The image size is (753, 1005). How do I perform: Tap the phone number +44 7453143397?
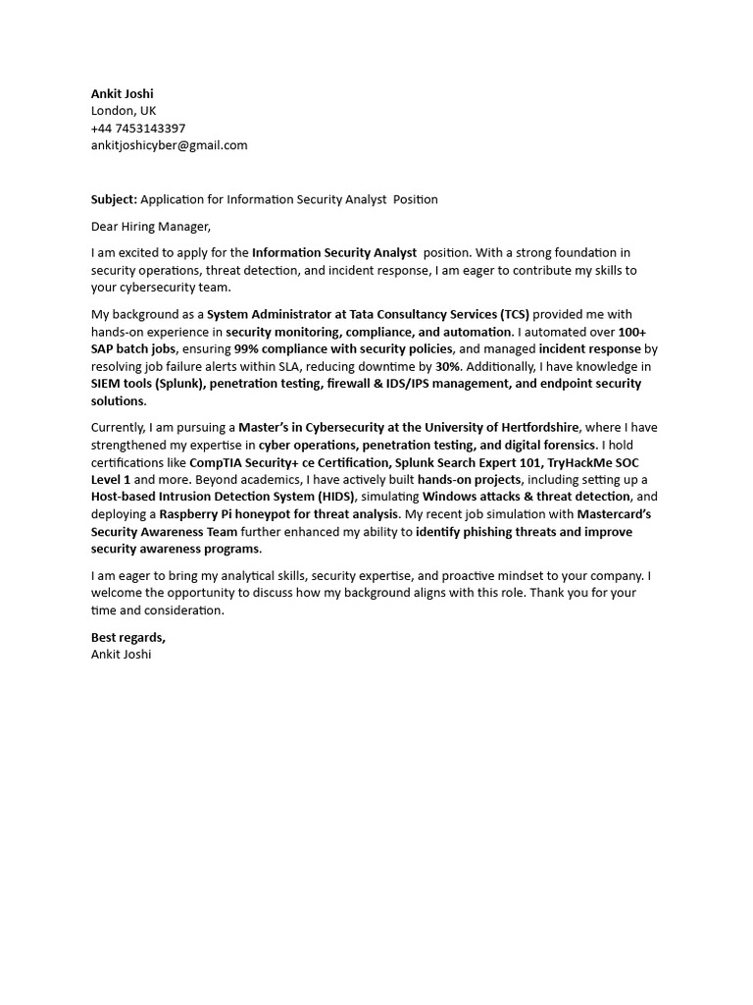click(138, 129)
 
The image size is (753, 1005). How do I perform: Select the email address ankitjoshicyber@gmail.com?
click(169, 145)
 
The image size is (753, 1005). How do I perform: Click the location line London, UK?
click(124, 111)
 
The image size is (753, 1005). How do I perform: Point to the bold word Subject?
click(114, 199)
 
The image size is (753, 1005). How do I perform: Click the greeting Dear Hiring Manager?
click(151, 227)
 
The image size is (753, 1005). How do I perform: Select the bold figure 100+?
click(631, 332)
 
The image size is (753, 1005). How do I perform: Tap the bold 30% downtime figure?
click(448, 366)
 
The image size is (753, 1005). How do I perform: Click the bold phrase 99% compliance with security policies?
click(343, 349)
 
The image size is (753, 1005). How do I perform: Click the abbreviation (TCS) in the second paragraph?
click(514, 315)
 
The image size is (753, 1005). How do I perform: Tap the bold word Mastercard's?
click(614, 514)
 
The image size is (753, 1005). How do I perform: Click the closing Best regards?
click(128, 637)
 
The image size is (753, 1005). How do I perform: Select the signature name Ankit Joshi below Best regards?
click(122, 654)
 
